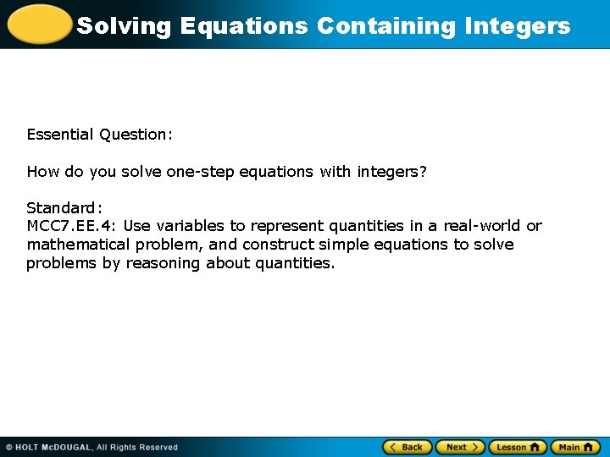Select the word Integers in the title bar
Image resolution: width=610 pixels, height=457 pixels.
[x=518, y=26]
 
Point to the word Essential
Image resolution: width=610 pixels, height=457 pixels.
[x=60, y=135]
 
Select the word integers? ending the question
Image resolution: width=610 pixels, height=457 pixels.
[x=391, y=172]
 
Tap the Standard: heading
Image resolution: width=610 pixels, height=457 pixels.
[x=64, y=208]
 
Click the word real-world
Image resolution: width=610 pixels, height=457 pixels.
[x=482, y=226]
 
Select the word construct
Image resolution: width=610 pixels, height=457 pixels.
[x=275, y=245]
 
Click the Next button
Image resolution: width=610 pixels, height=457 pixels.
[x=460, y=447]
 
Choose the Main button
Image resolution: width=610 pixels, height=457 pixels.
[x=575, y=447]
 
